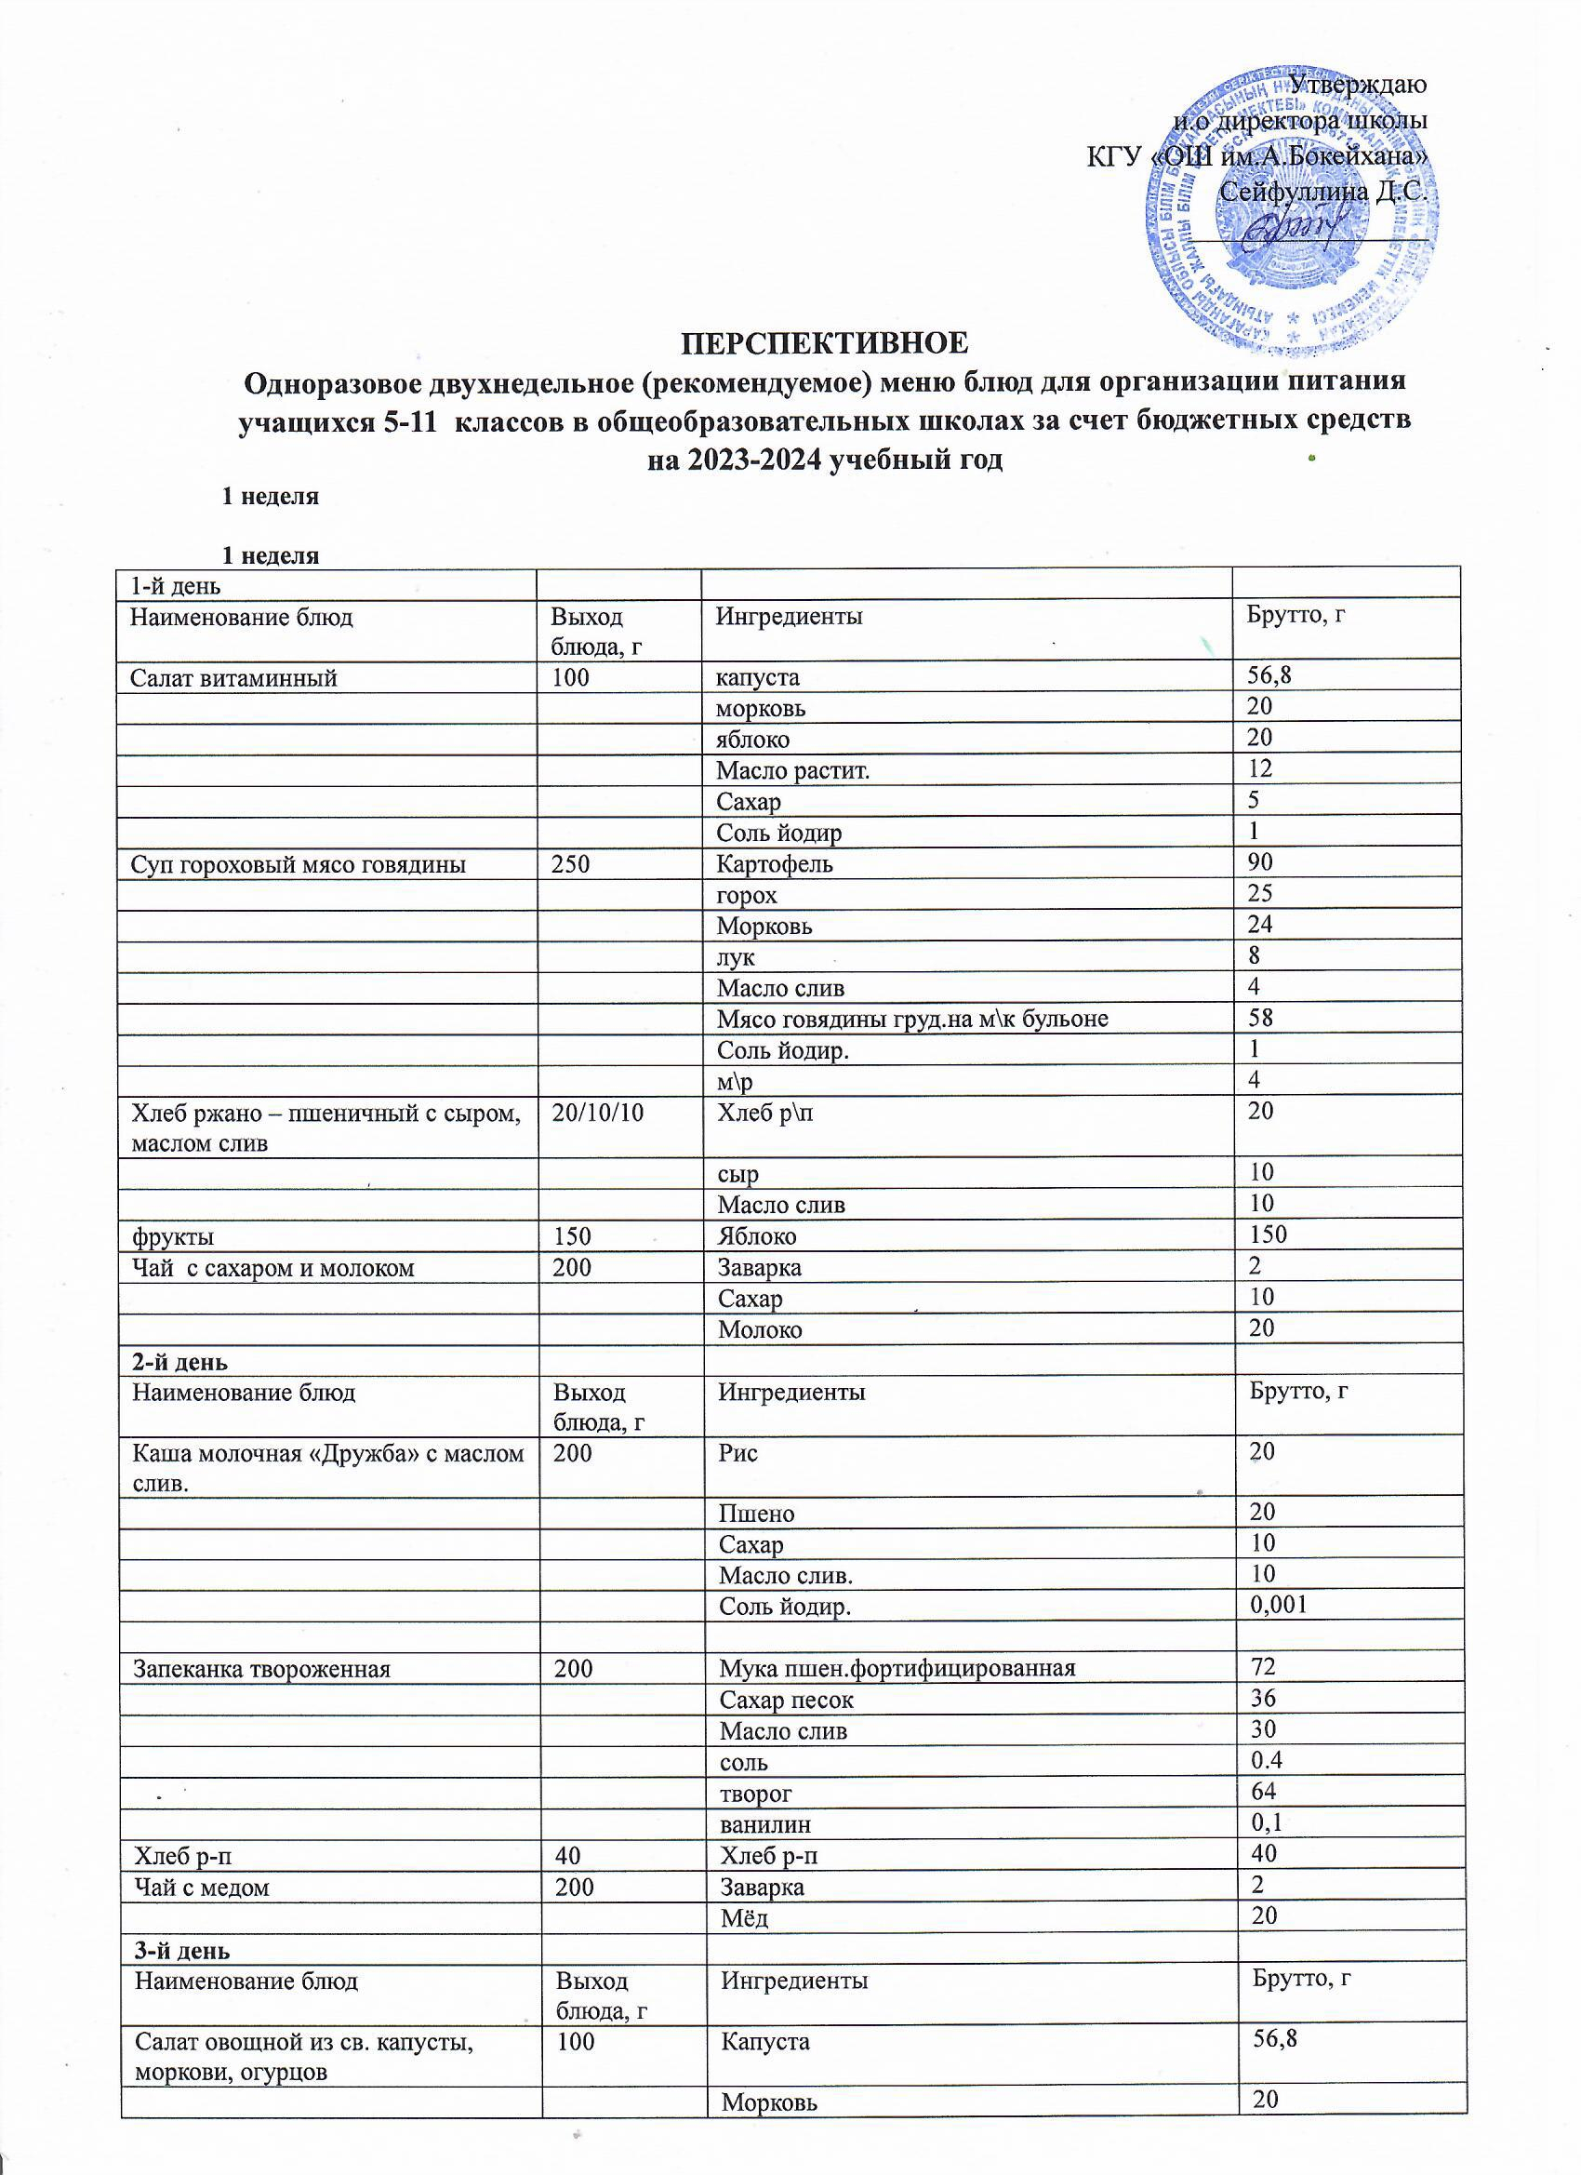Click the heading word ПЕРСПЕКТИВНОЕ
[x=824, y=342]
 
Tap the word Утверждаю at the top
[x=1358, y=85]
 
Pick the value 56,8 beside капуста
[x=1269, y=676]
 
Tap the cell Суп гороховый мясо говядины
[x=299, y=865]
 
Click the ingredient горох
[x=747, y=896]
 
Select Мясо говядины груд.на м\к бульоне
[x=912, y=1019]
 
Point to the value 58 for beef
[x=1261, y=1017]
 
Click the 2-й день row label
[x=179, y=1362]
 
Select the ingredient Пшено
[x=756, y=1514]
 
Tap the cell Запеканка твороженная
[x=261, y=1670]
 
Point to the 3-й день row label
[x=181, y=1951]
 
